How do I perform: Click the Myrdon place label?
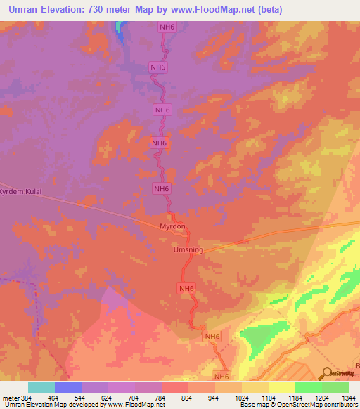coord(172,226)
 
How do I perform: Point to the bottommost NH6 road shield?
coord(222,376)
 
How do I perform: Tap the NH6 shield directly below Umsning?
coord(186,288)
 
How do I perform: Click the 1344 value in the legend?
coord(349,398)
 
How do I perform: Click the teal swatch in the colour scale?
coord(41,387)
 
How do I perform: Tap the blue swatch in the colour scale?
coord(68,387)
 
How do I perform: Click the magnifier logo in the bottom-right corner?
coord(326,373)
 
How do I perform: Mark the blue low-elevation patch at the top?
coord(121,30)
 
